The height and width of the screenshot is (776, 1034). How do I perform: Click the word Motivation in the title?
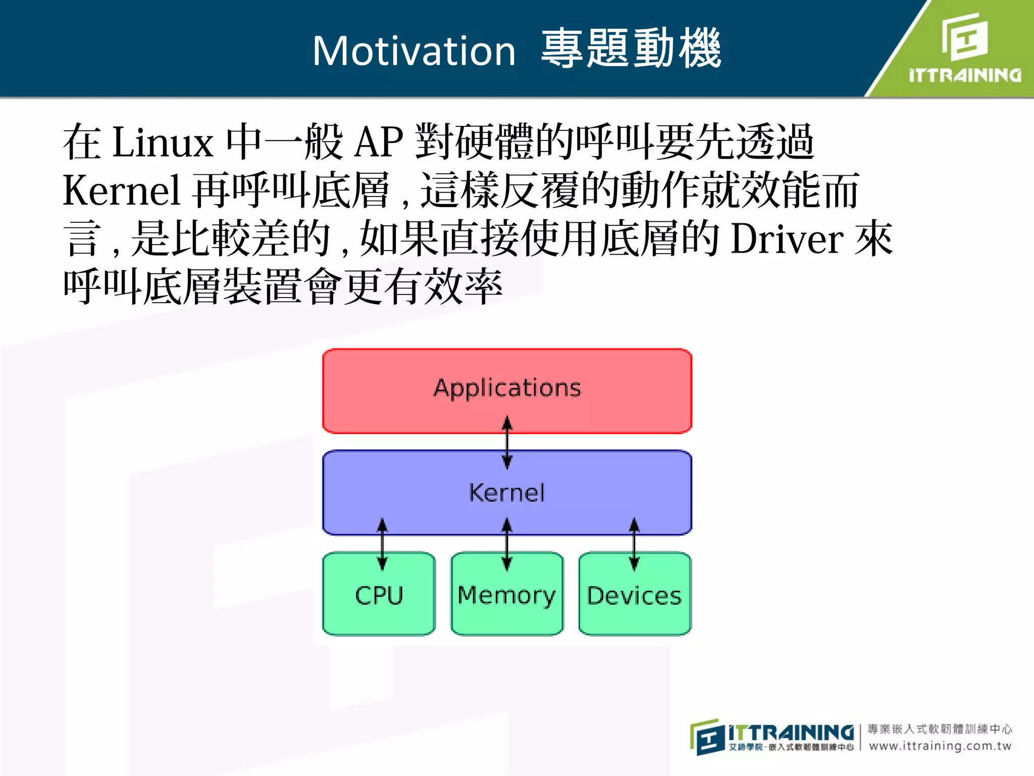tap(414, 51)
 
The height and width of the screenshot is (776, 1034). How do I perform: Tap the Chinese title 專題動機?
tap(631, 49)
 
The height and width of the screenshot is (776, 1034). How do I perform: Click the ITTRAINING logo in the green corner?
tap(964, 48)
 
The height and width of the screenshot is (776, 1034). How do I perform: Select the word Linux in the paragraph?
tap(163, 142)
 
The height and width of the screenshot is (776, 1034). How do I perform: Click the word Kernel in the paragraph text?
tap(121, 190)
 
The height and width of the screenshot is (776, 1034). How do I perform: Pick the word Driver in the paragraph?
tap(787, 239)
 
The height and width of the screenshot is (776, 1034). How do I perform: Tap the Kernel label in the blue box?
tap(507, 493)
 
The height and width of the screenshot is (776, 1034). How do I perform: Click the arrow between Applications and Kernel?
tap(507, 443)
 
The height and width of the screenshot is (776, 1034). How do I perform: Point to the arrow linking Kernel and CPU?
tap(382, 544)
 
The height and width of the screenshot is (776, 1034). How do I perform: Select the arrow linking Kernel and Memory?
tap(507, 544)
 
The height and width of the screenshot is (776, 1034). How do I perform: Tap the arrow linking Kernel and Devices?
tap(634, 544)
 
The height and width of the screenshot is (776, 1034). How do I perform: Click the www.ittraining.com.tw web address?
tap(940, 746)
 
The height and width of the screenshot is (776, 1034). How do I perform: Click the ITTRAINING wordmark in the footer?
tap(791, 732)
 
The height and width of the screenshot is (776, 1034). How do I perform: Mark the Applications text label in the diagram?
tap(507, 388)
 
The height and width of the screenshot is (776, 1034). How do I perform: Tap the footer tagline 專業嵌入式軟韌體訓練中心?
tap(940, 729)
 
